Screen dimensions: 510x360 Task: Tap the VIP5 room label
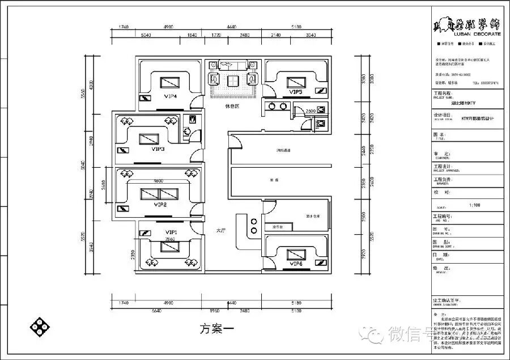[295, 92]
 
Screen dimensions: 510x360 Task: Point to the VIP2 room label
[160, 204]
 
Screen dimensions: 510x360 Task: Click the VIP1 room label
[171, 232]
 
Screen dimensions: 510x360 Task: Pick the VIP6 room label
[295, 264]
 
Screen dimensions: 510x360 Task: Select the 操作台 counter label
[278, 227]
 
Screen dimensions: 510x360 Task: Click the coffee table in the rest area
[232, 81]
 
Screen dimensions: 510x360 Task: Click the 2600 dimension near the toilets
[311, 111]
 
